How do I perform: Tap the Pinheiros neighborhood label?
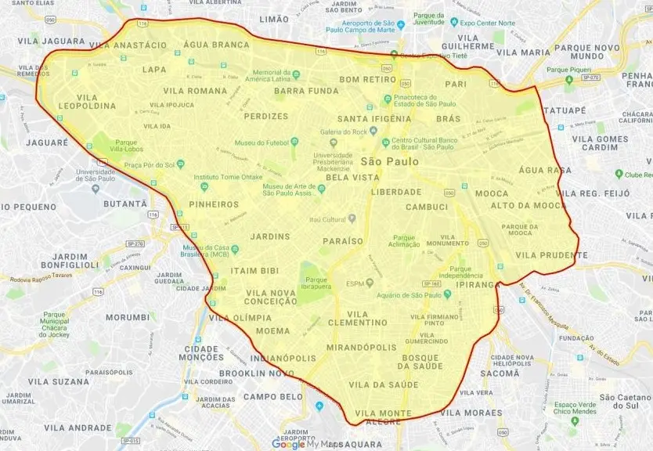click(214, 204)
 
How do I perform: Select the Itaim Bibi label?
click(254, 271)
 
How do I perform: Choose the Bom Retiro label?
click(367, 79)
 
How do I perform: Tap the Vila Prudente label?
click(551, 255)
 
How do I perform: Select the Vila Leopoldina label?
click(86, 102)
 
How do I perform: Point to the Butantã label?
click(125, 204)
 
